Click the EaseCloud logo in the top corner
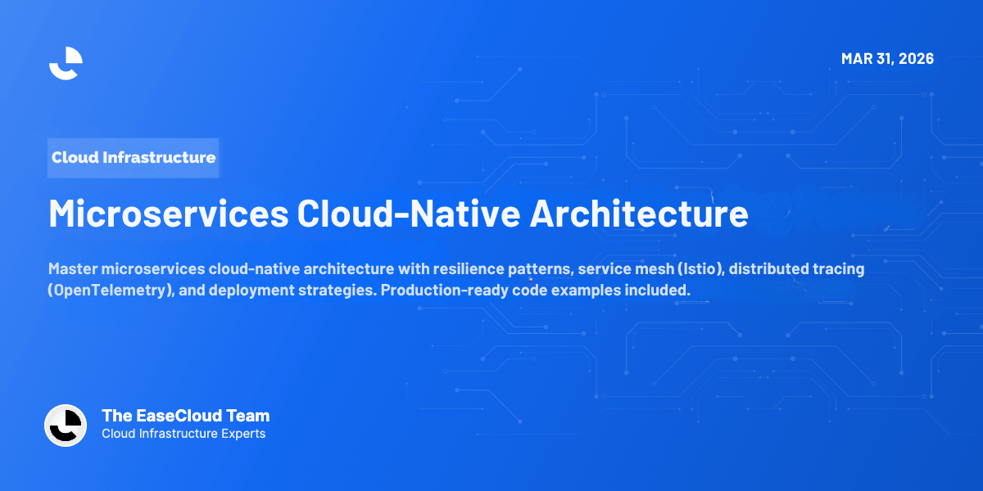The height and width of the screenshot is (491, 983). [66, 63]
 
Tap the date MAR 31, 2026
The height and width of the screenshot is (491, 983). [887, 59]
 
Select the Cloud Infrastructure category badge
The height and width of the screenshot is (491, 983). [134, 157]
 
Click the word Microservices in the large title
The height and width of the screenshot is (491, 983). [168, 214]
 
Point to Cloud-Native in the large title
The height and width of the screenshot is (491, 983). [408, 214]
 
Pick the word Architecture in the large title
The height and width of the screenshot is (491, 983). [638, 214]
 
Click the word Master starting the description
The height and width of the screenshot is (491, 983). [73, 269]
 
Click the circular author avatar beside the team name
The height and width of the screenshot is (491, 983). [66, 425]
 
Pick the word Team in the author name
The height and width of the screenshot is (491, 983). [250, 416]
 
